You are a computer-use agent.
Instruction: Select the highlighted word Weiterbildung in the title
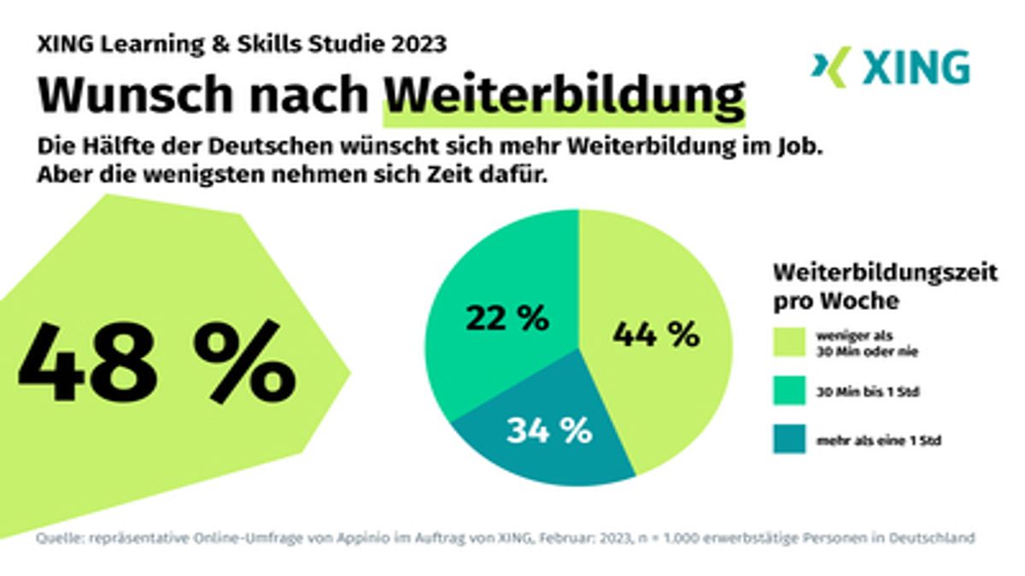tap(564, 96)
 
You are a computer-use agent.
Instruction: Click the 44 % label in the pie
tap(655, 334)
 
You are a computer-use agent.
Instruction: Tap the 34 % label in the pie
tap(549, 430)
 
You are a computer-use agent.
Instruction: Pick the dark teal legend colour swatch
tap(791, 440)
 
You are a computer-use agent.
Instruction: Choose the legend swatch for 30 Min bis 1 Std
tap(791, 393)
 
